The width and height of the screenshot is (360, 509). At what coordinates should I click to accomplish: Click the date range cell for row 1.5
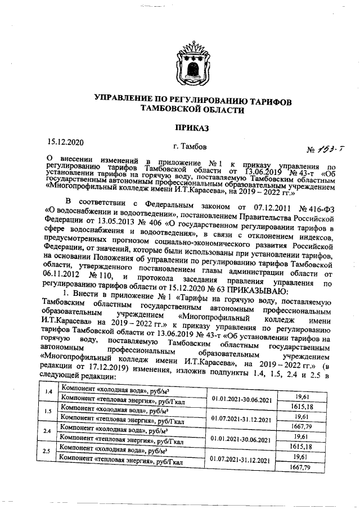pyautogui.click(x=241, y=419)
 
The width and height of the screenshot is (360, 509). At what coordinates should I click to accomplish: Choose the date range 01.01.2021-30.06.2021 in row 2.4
pyautogui.click(x=241, y=439)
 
